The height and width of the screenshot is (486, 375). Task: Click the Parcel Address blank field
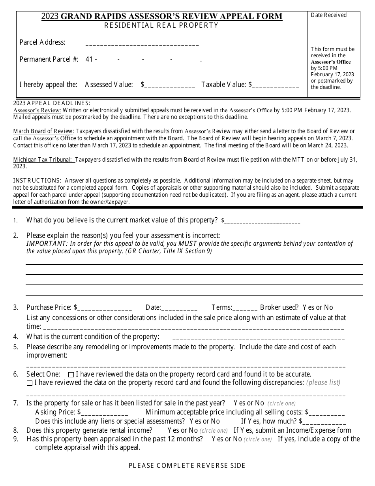click(142, 43)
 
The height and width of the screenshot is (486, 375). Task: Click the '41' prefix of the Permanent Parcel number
click(89, 60)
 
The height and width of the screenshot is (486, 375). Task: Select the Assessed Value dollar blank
click(170, 85)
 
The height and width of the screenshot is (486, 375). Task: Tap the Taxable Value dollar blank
click(276, 85)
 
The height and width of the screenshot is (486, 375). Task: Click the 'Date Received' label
click(328, 15)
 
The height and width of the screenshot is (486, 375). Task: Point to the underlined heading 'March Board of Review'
click(43, 131)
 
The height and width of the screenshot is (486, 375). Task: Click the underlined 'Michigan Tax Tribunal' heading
click(44, 160)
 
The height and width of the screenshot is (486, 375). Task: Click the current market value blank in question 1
click(262, 221)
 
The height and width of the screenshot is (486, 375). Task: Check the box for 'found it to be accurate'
click(71, 375)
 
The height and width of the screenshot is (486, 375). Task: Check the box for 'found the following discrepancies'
click(30, 383)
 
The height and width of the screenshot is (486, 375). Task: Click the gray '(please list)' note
click(323, 382)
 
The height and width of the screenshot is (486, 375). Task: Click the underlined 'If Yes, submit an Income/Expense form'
click(292, 430)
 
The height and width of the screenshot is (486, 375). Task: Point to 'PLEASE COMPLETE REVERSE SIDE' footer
click(187, 465)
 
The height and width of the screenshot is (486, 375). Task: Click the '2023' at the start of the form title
click(50, 16)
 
